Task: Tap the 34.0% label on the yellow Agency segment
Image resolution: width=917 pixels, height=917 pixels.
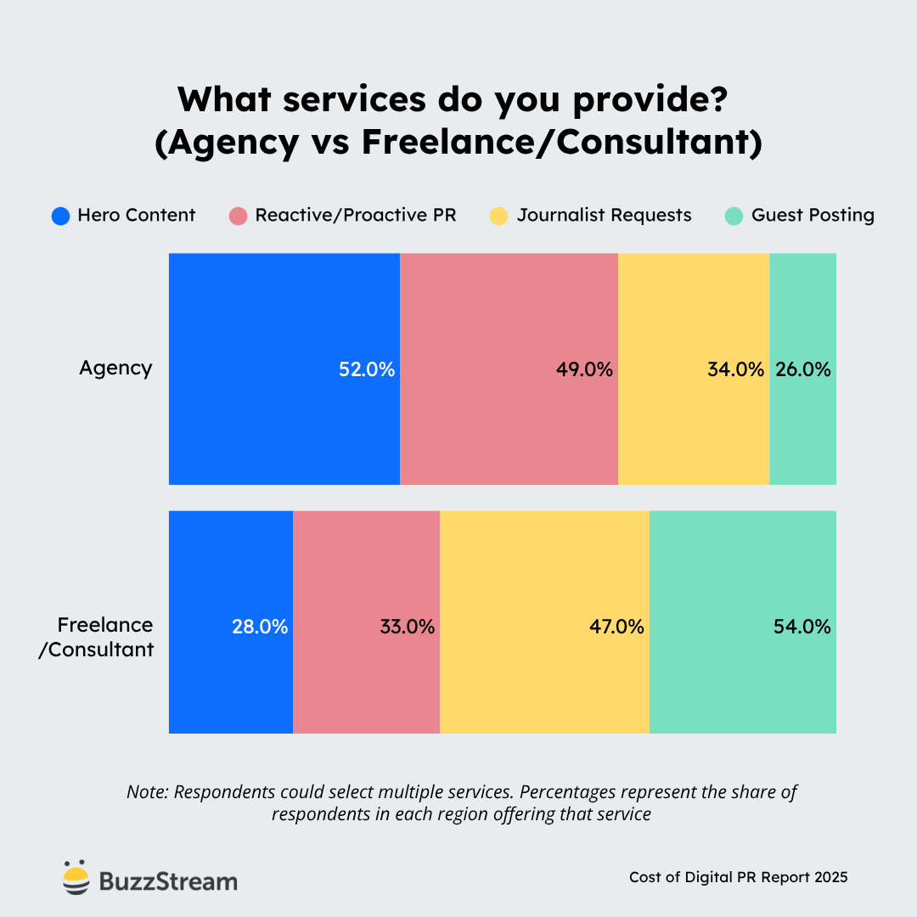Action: click(x=735, y=369)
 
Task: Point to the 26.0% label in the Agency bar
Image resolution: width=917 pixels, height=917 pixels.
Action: click(x=802, y=369)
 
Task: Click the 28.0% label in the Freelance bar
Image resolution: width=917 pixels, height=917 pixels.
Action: click(x=260, y=627)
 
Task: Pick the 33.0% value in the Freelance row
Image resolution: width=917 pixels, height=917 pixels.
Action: click(x=407, y=627)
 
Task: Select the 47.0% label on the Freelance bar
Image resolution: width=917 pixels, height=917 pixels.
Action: click(x=616, y=627)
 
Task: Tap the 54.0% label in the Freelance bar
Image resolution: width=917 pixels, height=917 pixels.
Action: click(x=802, y=627)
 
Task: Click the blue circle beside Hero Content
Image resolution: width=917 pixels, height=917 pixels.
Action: click(x=60, y=216)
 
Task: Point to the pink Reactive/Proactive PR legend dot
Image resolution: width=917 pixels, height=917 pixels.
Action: click(x=239, y=216)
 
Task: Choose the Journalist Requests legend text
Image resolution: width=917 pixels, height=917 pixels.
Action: click(x=604, y=216)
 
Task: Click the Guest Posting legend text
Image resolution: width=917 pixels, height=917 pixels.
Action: click(x=813, y=216)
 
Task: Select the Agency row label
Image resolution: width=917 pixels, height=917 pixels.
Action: click(x=115, y=368)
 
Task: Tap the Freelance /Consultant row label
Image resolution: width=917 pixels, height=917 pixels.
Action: click(x=104, y=638)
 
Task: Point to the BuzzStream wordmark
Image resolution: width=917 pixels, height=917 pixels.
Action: click(x=168, y=881)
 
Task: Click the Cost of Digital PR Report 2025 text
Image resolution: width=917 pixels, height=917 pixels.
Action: click(x=738, y=877)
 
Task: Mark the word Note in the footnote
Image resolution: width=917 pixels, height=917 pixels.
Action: click(x=147, y=792)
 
